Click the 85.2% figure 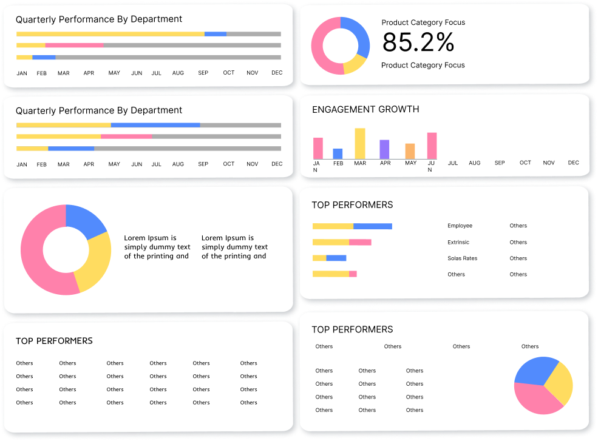coord(418,42)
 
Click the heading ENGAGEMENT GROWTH coord(365,110)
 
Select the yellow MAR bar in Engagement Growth coord(360,143)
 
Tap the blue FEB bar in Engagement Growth coord(338,153)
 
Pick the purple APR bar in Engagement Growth coord(384,149)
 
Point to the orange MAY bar coord(410,151)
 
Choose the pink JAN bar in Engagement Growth coord(318,148)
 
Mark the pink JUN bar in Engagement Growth coord(432,146)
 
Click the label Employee coord(460,226)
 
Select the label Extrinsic coord(458,242)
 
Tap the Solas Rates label coord(462,258)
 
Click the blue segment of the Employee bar coord(373,226)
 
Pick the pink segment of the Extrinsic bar coord(360,242)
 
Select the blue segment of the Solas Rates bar coord(336,258)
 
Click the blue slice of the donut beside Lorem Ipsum coord(84,220)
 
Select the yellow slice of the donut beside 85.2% coord(354,64)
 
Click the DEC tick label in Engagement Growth coord(573,163)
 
